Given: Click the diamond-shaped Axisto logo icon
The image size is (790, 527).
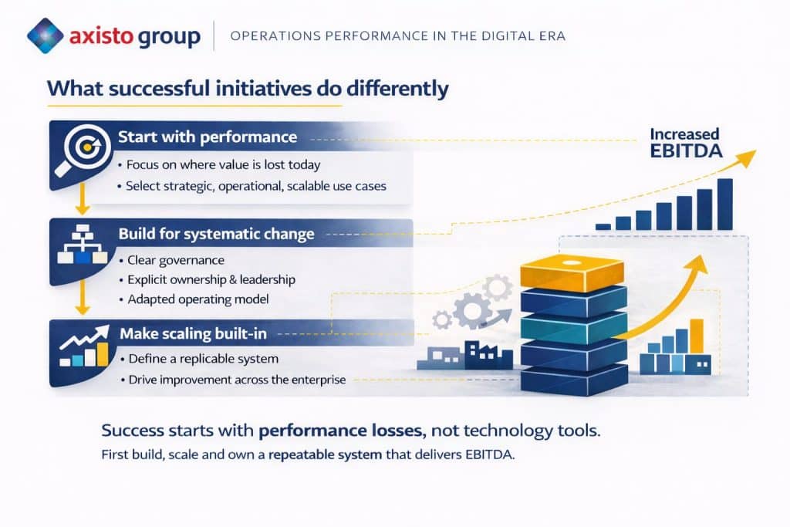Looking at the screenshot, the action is click(46, 35).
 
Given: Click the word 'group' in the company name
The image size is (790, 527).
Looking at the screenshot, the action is click(169, 37).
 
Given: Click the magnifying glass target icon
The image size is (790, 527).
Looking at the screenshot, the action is click(83, 150).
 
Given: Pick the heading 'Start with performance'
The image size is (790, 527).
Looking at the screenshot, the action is click(208, 137).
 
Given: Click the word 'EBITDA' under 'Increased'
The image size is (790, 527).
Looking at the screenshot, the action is click(686, 151).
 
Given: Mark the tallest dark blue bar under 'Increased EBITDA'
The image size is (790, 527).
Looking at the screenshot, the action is click(724, 204).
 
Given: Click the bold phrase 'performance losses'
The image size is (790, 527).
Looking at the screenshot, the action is click(340, 431).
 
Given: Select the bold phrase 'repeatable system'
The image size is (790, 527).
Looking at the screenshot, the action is click(325, 455).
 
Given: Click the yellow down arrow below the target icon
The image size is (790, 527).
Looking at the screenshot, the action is click(82, 199).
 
